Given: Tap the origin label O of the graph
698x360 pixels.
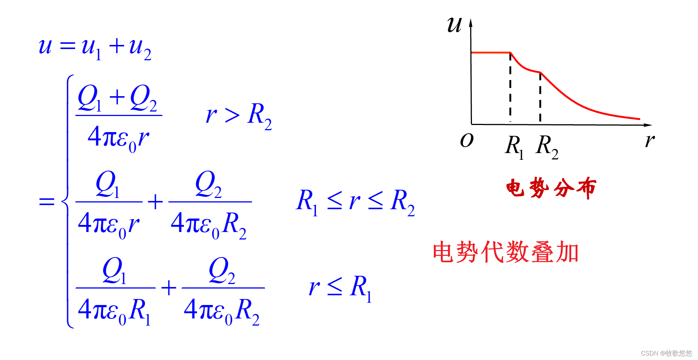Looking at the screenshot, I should pos(467,140).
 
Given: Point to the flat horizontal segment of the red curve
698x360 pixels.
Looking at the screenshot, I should pos(490,53).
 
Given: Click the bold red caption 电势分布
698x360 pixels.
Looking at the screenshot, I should pos(551,187).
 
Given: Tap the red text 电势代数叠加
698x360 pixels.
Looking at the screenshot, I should pos(505,252).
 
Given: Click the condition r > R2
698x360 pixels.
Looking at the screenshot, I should pos(239,115).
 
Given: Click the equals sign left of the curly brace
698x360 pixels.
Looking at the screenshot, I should pos(47,202).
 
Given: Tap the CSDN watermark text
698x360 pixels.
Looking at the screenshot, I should pos(666,353).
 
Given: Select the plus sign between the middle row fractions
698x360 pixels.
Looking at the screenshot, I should pos(155,202).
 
